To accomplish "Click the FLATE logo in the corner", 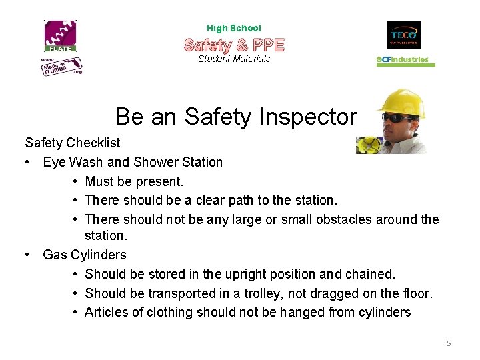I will coord(61,36).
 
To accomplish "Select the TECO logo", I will coord(403,35).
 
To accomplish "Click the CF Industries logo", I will coord(405,60).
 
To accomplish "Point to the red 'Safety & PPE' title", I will coord(234,45).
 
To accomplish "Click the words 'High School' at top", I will coord(234,28).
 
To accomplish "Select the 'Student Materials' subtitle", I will coord(234,59).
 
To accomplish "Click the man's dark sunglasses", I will coord(397,118).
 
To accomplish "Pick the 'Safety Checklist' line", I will coord(73,143).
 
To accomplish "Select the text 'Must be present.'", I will coord(134,181).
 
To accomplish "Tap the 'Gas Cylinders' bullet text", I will coord(85,255).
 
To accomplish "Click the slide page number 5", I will coord(449,343).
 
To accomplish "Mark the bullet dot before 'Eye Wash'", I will coord(28,162).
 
